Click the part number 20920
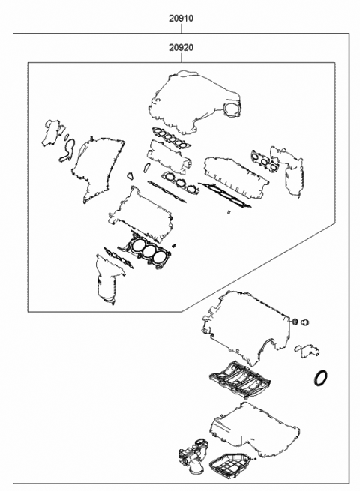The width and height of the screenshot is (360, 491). tap(179, 47)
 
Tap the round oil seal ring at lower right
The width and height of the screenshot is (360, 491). tap(321, 377)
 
